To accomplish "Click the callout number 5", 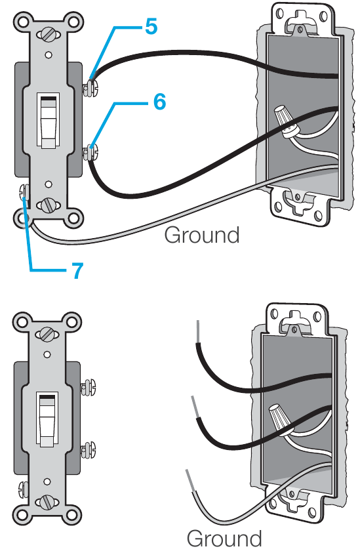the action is click(x=151, y=26).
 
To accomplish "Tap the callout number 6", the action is click(x=159, y=102).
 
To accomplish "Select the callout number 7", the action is click(x=77, y=270).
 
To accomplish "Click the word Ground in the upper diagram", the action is click(x=202, y=235).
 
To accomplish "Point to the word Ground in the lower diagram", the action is click(x=224, y=538).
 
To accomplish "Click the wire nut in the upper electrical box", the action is click(x=288, y=121).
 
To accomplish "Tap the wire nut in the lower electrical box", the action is click(x=282, y=420).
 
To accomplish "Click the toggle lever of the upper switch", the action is click(x=49, y=121).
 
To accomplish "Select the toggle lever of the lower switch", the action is click(x=47, y=420).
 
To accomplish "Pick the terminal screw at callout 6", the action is click(x=90, y=152).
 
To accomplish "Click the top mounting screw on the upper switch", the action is click(x=49, y=35).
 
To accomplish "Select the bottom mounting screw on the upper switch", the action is click(x=49, y=205).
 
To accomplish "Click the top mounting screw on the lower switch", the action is click(x=47, y=333).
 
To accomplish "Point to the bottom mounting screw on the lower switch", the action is click(x=47, y=502).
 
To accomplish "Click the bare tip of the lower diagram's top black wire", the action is click(x=199, y=331).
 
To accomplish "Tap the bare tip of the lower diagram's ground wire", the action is click(x=190, y=480).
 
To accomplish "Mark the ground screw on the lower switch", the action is click(x=23, y=490).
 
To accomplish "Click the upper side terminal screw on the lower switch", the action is click(x=88, y=387).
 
